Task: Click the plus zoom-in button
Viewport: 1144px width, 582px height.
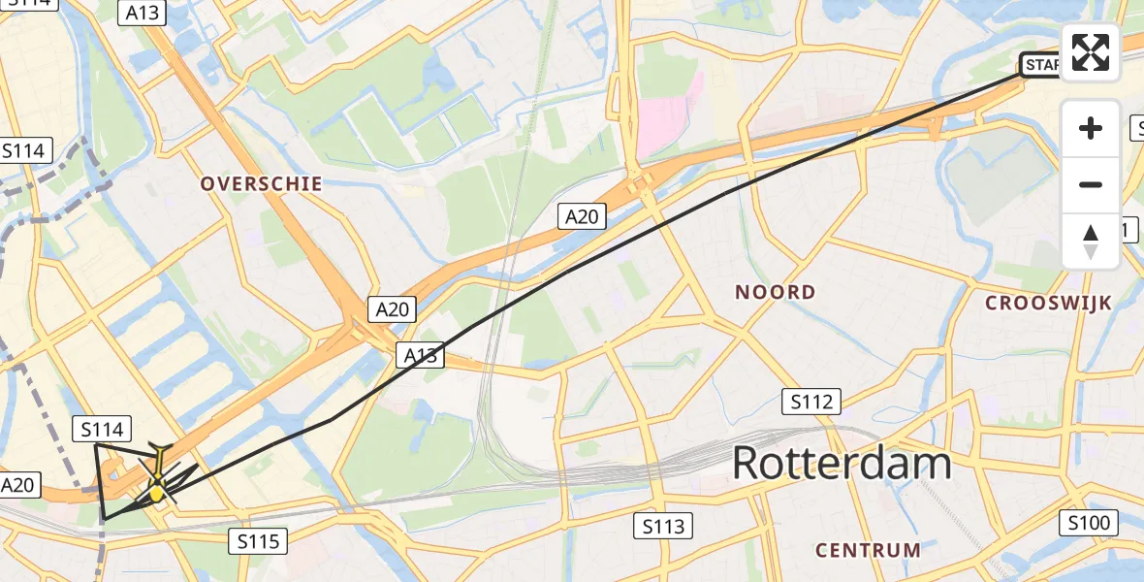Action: [x=1091, y=128]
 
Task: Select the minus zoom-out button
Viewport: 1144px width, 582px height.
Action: [x=1091, y=184]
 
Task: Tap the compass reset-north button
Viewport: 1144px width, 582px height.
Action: [x=1091, y=242]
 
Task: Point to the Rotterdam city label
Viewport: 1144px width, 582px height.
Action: [x=842, y=464]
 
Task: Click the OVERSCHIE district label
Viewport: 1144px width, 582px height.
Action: [x=261, y=183]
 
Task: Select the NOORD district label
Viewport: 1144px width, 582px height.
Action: [x=775, y=292]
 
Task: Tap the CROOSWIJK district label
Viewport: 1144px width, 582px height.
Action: [x=1048, y=303]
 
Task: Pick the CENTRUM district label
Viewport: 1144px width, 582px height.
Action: [x=868, y=550]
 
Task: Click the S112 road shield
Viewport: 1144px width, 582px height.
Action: [x=812, y=401]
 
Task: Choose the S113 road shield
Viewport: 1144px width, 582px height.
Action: [x=663, y=527]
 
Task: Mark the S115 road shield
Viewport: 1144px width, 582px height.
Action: [x=259, y=540]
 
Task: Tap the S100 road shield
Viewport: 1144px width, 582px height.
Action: [x=1091, y=524]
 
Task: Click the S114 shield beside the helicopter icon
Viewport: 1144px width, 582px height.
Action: [x=103, y=429]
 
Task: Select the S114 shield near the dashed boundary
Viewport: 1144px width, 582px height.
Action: [x=24, y=150]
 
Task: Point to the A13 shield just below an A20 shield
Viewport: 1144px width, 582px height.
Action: [x=420, y=356]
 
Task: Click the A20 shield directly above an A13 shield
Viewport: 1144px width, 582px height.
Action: [x=392, y=309]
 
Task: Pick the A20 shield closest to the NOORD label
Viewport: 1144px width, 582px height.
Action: [x=582, y=216]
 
